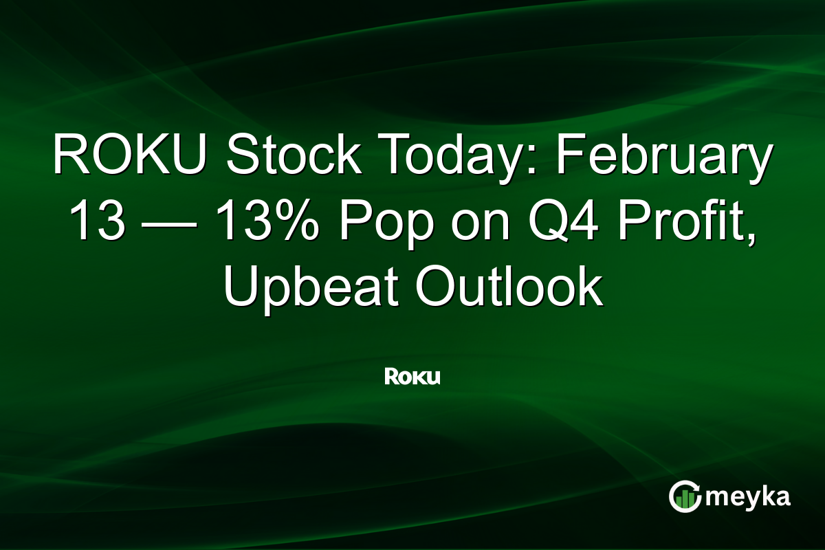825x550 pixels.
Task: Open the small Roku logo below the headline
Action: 412,376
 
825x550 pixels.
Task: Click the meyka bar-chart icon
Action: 685,496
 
